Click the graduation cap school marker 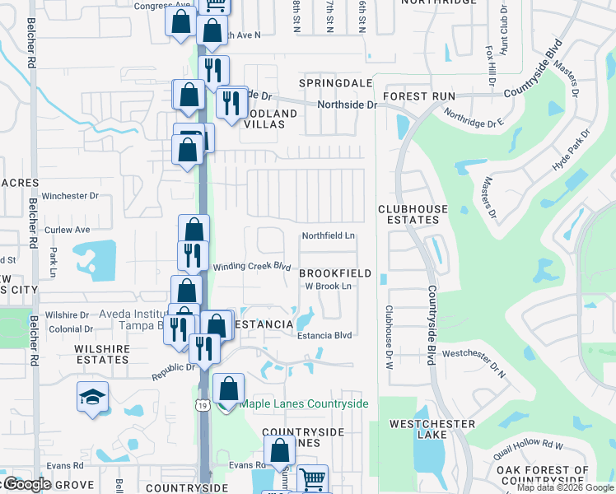coord(93,396)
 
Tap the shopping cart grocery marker coord(312,479)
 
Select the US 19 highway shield coord(202,404)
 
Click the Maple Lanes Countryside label coord(304,403)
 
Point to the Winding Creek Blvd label coord(253,267)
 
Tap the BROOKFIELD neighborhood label coord(334,273)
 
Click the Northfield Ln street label coord(328,235)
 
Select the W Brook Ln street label coord(329,286)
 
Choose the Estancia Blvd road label coord(324,335)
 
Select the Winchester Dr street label coord(70,196)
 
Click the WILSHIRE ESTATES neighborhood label coord(102,354)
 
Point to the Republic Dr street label coord(173,372)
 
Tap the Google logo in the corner coord(26,484)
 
